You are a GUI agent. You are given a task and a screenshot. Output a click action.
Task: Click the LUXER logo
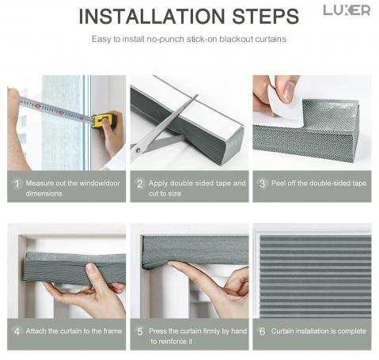pos(347,10)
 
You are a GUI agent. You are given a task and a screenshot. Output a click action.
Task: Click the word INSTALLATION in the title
pos(152,17)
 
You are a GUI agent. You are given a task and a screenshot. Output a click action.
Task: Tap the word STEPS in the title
pos(265,17)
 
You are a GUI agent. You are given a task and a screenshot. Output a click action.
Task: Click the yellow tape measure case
pos(104,121)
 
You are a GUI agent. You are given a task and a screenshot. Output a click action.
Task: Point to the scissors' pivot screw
pos(138,150)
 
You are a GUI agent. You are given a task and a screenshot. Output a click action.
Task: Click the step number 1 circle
pos(17,184)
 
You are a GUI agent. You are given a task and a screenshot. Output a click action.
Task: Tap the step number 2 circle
pos(140,184)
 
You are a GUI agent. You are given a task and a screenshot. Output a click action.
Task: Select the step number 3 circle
pos(262,184)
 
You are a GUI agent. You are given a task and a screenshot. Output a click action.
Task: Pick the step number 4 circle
pos(17,332)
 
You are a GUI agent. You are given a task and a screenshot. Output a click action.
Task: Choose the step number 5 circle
pos(140,332)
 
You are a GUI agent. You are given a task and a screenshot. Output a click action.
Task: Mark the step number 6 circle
pos(262,332)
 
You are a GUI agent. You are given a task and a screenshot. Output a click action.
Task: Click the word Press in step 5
pos(157,331)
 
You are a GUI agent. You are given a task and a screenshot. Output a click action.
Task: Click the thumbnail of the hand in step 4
pos(91,267)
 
